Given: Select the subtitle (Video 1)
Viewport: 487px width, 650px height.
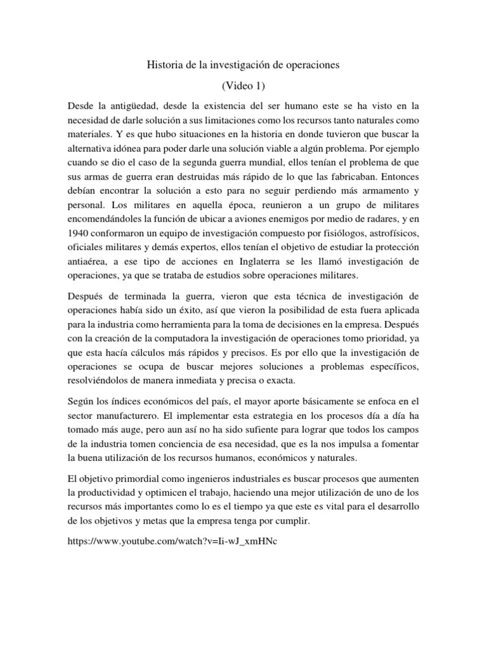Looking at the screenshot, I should (x=243, y=86).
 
